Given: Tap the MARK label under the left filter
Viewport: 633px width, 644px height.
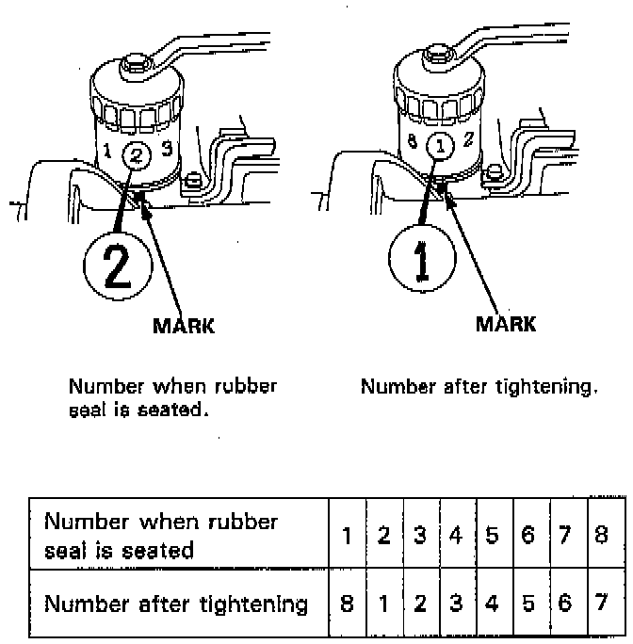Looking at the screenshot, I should coord(185,326).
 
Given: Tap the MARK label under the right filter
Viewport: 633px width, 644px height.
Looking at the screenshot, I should coord(506,324).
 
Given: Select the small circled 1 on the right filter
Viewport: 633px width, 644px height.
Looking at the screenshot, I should coord(440,145).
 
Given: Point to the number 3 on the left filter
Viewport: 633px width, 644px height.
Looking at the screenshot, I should coord(168,148).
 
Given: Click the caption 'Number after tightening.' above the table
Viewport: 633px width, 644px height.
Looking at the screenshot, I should coord(479,386).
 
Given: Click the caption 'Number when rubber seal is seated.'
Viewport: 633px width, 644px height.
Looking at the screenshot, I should coord(172,397).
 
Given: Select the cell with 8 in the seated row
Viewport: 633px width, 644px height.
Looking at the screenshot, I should coord(600,536).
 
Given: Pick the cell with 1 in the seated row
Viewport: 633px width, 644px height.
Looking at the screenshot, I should coord(347,536).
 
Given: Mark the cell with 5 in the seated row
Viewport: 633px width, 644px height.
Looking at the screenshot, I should coord(492,536).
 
